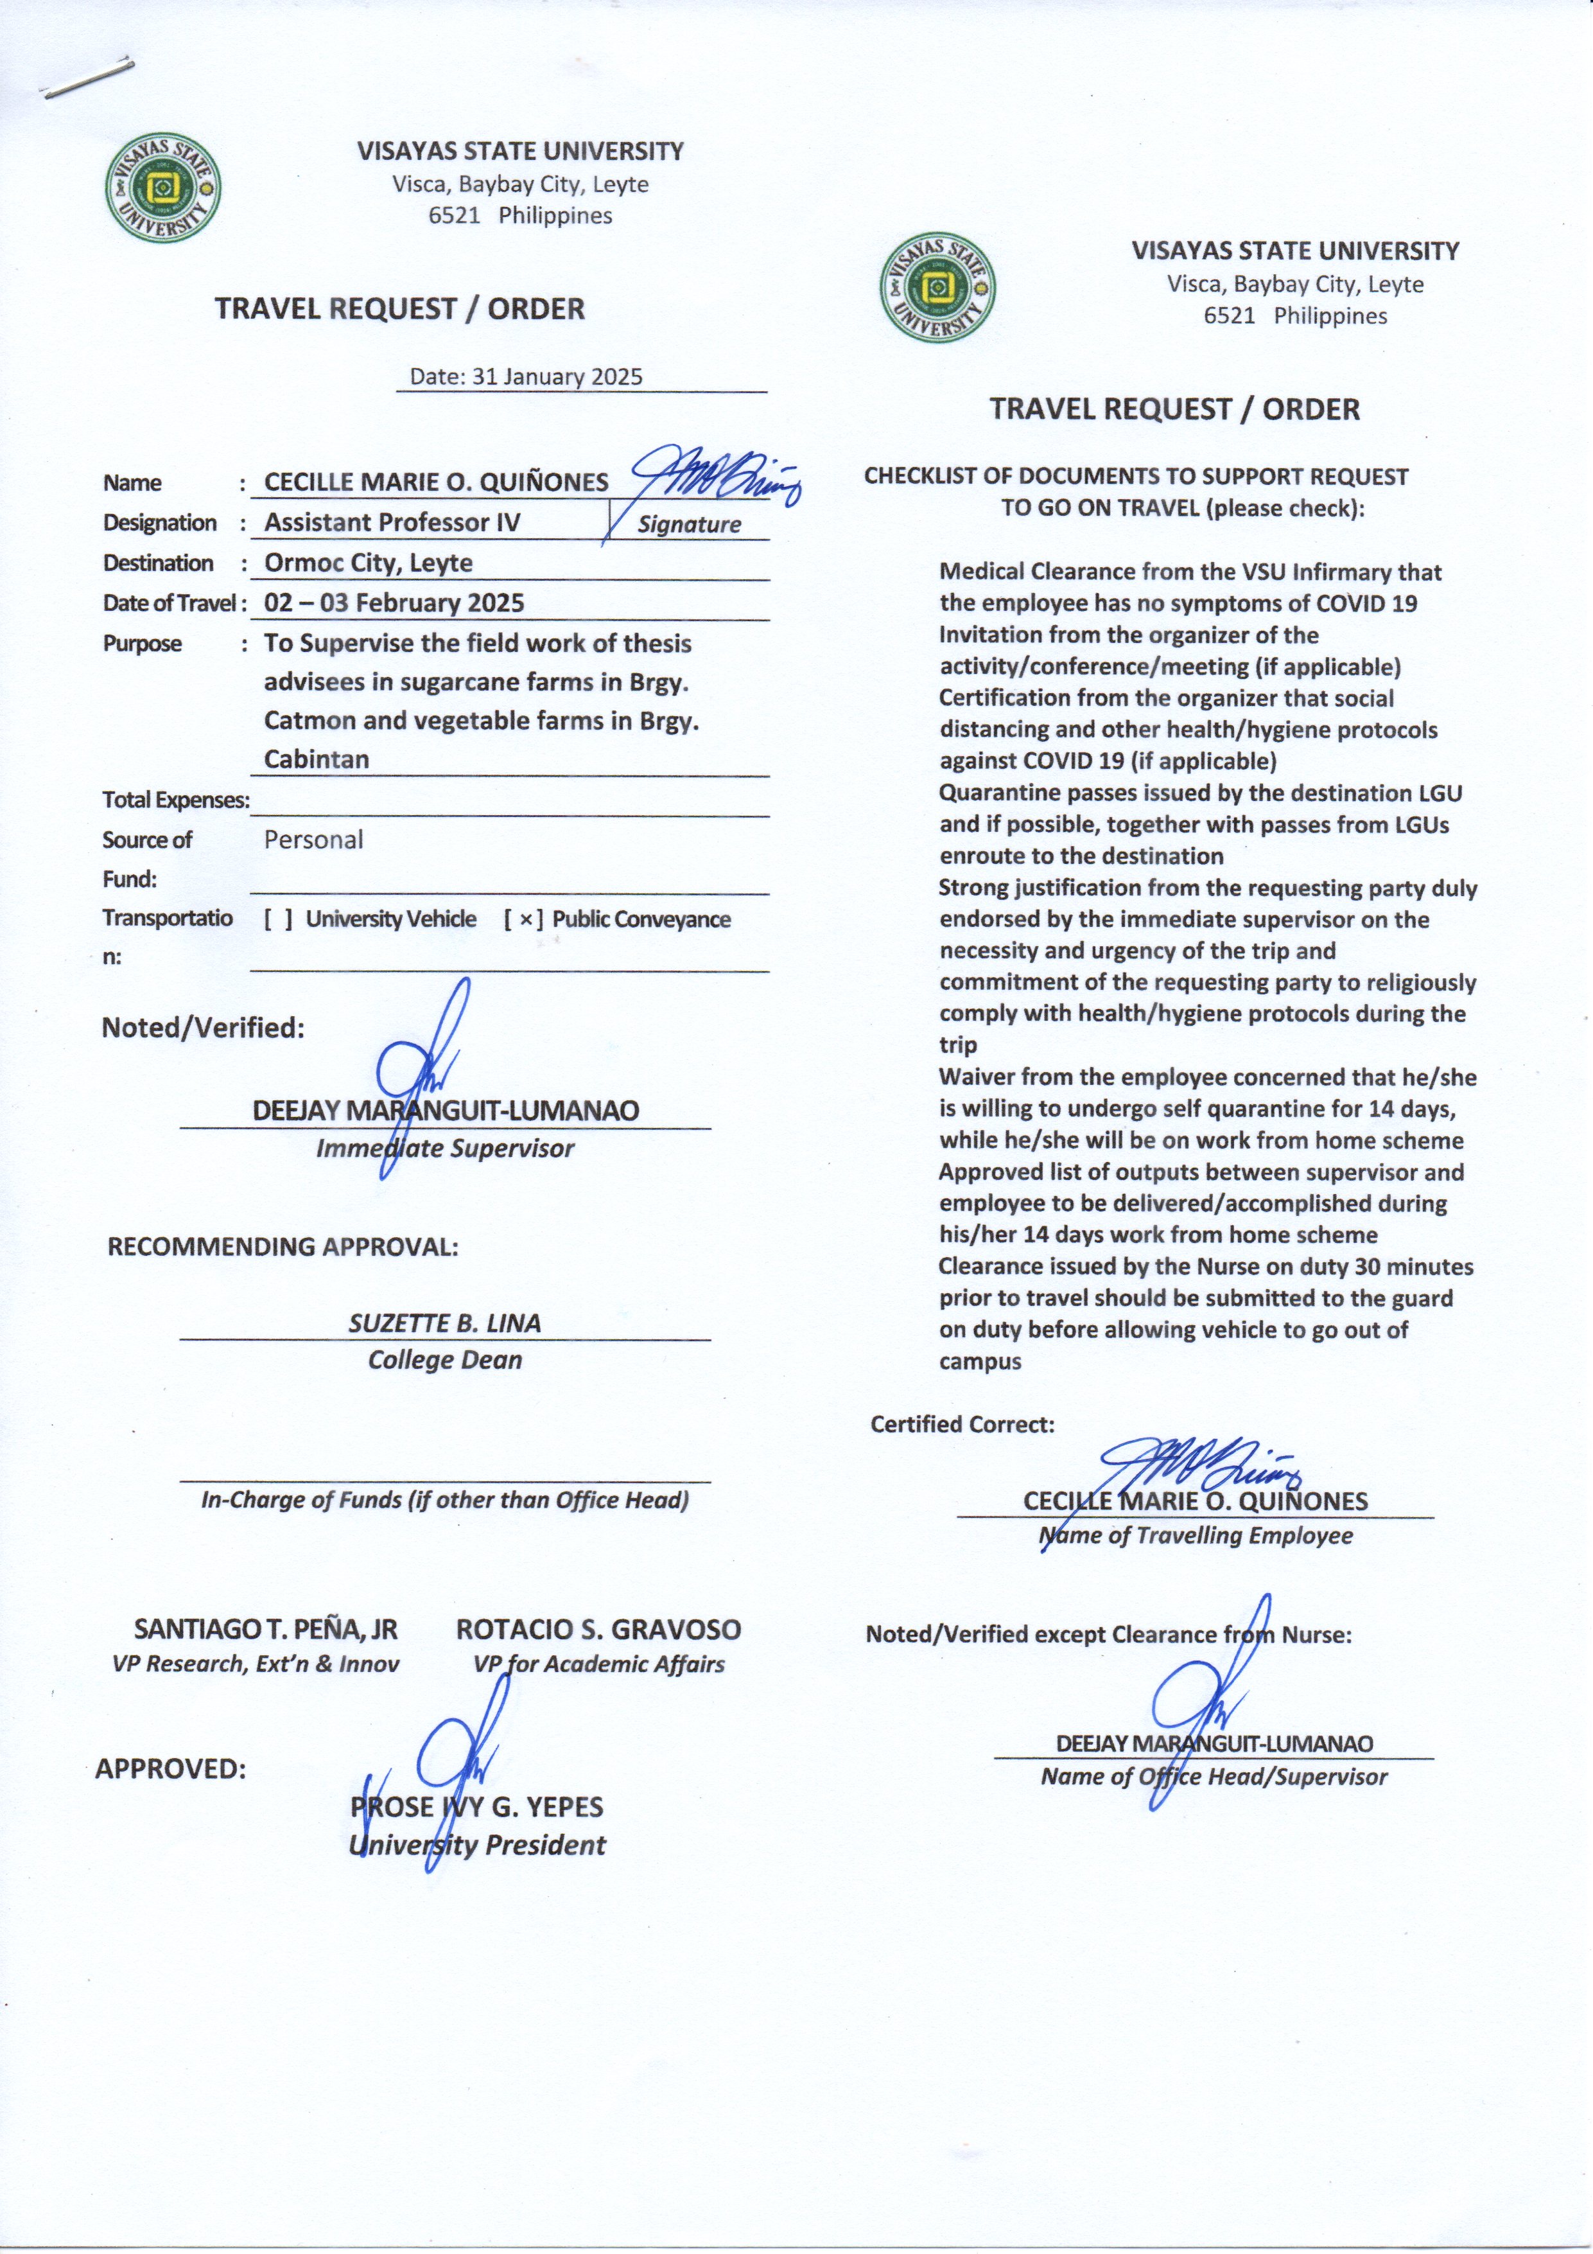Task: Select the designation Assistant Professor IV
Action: (392, 522)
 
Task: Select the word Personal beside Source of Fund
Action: (313, 840)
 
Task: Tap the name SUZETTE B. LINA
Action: (444, 1323)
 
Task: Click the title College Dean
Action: (444, 1360)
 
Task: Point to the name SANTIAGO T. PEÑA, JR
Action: (265, 1630)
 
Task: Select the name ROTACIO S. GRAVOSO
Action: (598, 1630)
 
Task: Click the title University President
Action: (478, 1845)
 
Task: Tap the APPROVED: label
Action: (170, 1769)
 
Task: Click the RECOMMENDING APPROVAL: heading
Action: (283, 1247)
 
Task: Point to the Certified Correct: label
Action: (962, 1425)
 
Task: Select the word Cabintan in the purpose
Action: (316, 759)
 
